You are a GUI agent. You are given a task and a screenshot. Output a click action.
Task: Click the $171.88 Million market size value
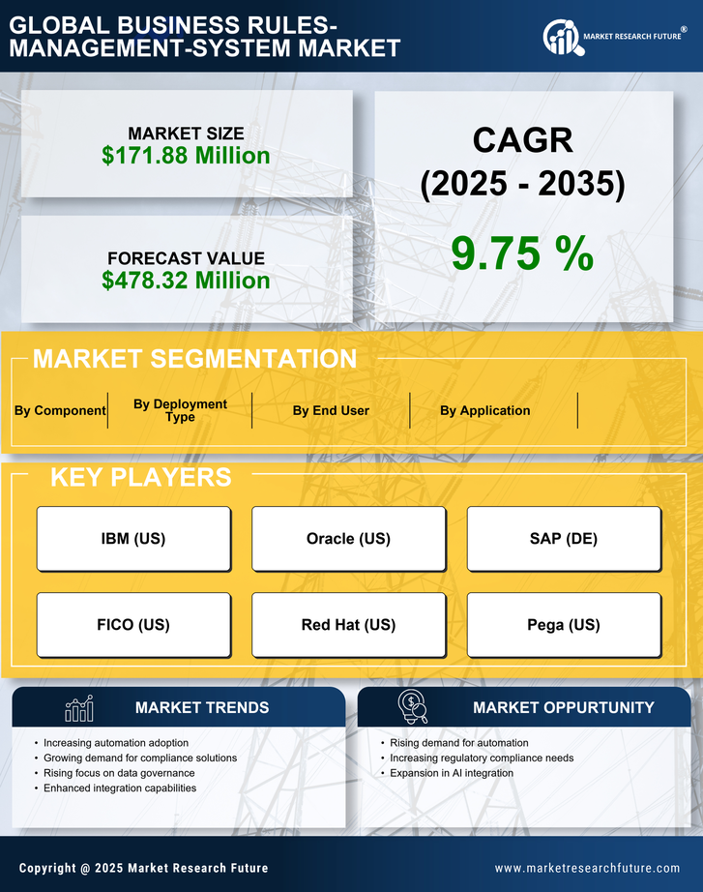[186, 155]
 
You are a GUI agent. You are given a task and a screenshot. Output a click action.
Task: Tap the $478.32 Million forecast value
[186, 281]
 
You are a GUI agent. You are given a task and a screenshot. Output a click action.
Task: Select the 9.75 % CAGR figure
[522, 253]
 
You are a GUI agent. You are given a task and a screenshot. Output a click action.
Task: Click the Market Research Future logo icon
[560, 37]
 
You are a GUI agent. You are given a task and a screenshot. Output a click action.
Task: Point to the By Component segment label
[60, 410]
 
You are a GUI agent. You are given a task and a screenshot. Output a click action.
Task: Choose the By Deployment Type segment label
[180, 410]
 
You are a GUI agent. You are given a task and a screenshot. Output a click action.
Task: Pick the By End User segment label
[331, 410]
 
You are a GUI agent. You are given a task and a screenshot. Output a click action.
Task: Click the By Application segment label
[484, 410]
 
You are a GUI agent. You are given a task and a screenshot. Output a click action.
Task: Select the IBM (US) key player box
[133, 539]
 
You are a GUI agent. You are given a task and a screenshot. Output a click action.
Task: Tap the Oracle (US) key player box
[348, 539]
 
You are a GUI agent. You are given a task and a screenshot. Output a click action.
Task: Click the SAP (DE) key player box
[564, 539]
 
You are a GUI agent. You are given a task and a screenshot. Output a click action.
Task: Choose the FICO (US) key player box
[133, 625]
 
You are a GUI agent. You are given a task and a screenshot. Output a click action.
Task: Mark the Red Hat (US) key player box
[348, 625]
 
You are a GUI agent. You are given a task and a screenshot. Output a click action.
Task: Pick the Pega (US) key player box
[564, 625]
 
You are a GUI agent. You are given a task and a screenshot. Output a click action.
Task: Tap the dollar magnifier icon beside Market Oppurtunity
[412, 707]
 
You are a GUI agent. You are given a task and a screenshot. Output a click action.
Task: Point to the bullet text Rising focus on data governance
[119, 773]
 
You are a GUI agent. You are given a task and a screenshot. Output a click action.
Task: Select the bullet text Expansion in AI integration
[452, 773]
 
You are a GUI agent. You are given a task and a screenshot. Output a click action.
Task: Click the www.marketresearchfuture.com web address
[587, 869]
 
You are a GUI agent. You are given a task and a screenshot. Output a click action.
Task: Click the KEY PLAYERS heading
[140, 477]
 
